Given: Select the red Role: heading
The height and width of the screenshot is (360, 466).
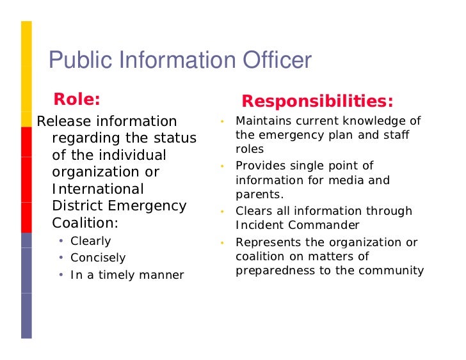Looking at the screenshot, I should [77, 99].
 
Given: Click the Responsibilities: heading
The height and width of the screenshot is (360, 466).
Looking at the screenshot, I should [317, 102].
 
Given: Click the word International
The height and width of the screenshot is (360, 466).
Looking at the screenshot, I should [97, 189].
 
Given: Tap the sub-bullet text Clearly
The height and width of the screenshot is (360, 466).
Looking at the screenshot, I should [90, 241].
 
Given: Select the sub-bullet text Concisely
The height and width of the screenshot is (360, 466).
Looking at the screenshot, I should [98, 258].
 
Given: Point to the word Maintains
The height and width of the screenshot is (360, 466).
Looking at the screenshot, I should [264, 121].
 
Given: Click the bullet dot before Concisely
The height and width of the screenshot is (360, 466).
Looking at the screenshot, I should [60, 258].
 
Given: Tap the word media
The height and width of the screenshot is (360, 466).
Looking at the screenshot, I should [347, 180].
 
